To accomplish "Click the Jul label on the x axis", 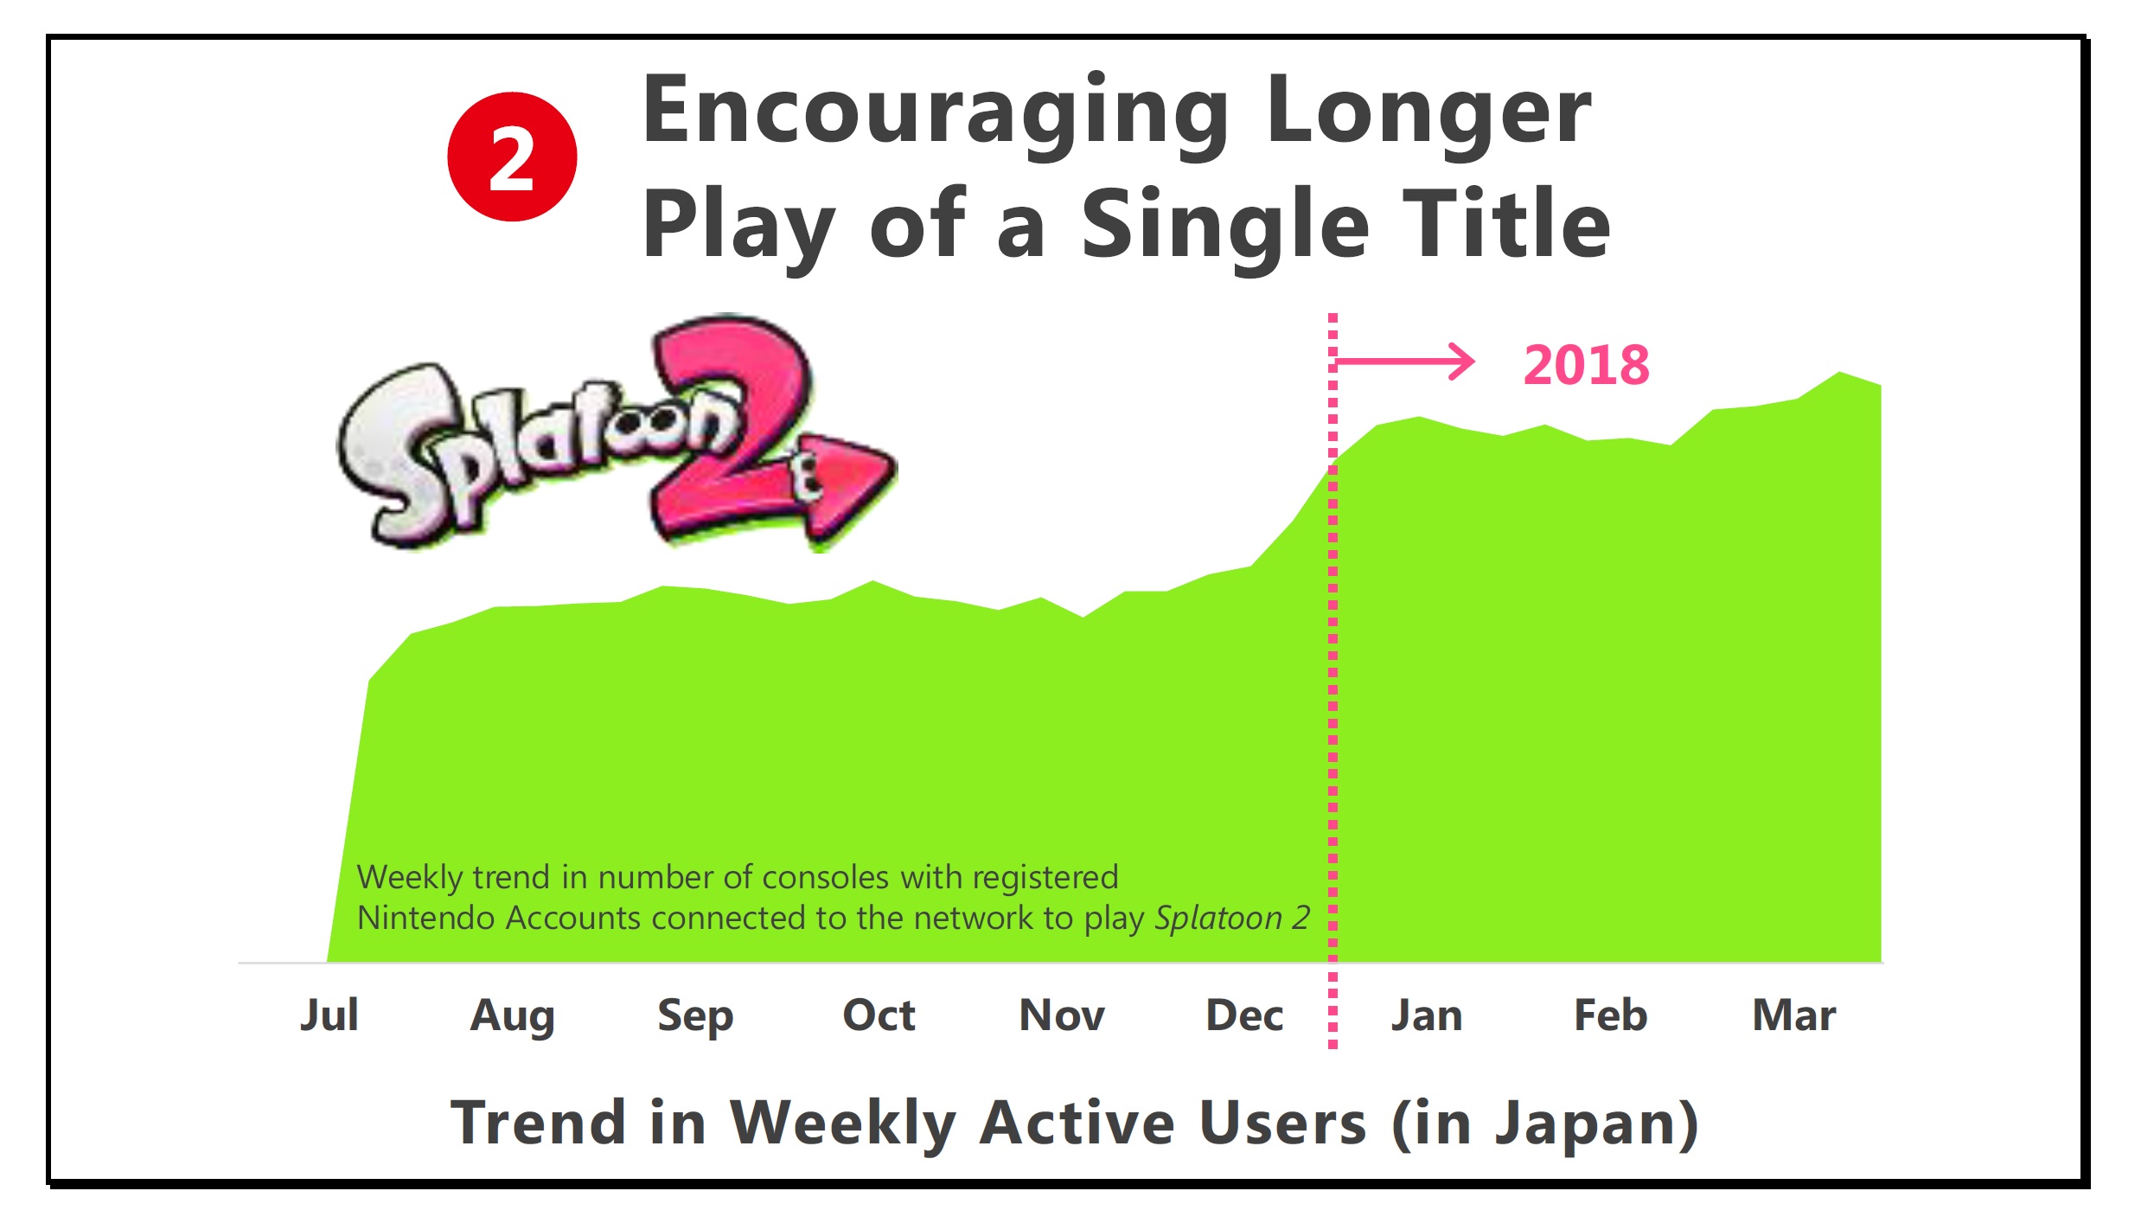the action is [x=329, y=1015].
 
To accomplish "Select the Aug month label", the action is [x=512, y=1017].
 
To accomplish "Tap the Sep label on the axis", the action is [x=695, y=1017].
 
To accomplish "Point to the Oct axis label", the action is [x=879, y=1015].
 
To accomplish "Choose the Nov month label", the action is [x=1062, y=1015].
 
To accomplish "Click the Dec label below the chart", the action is [x=1244, y=1015].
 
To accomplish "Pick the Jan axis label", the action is [x=1427, y=1015].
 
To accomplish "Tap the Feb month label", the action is [x=1611, y=1015].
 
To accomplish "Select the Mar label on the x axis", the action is [x=1794, y=1015].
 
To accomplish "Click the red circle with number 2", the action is [x=512, y=157].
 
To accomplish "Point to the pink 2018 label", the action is [x=1587, y=365].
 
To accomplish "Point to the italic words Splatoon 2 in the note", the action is [x=1232, y=919].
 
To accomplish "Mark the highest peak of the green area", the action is [x=1839, y=373].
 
